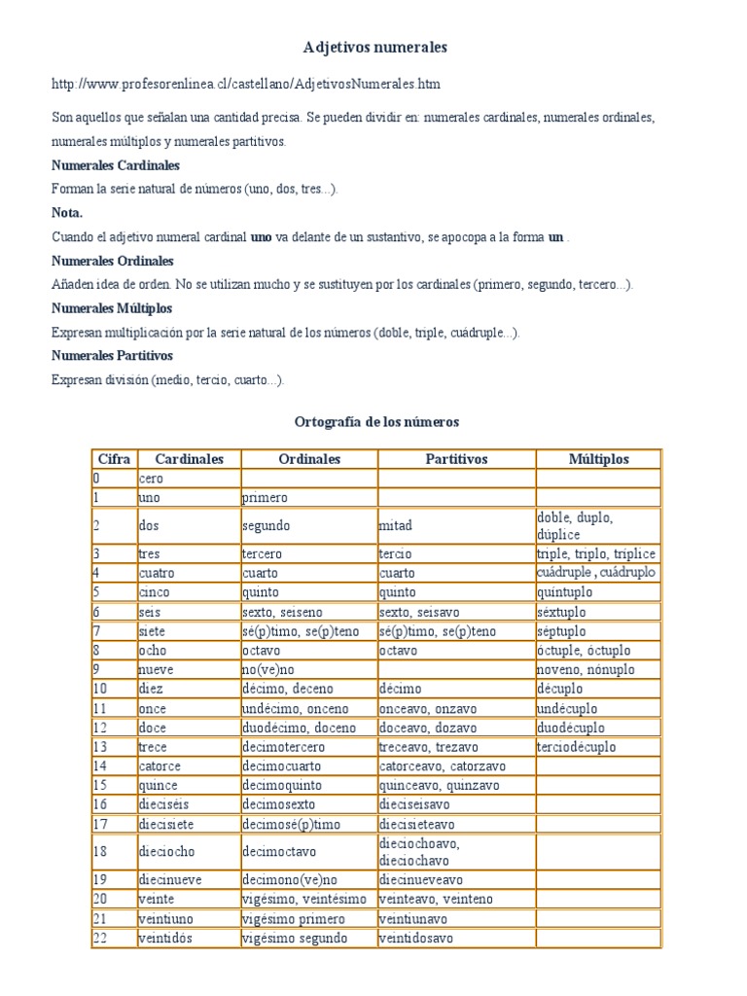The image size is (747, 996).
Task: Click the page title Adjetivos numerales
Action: click(x=374, y=47)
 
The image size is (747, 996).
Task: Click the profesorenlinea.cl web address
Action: click(x=239, y=84)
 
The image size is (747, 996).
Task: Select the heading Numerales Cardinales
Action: click(x=116, y=165)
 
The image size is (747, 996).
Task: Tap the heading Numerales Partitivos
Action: click(x=112, y=356)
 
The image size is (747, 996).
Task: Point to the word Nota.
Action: click(x=67, y=212)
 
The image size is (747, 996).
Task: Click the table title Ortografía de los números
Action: click(x=375, y=422)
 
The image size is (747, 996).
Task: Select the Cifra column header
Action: click(x=114, y=459)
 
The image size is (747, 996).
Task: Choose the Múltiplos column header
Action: click(x=598, y=459)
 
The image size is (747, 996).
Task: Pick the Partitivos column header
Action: click(x=456, y=459)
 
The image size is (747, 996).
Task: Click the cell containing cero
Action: click(x=152, y=479)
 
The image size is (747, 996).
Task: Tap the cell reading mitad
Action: click(x=396, y=525)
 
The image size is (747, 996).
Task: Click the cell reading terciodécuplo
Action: click(x=576, y=747)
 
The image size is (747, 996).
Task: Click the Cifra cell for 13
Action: click(x=100, y=747)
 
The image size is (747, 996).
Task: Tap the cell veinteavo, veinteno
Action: click(x=429, y=900)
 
